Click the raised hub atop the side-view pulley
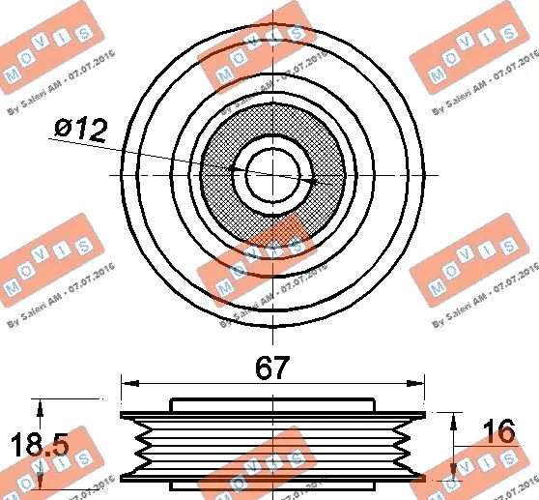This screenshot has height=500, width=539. coord(273,404)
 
